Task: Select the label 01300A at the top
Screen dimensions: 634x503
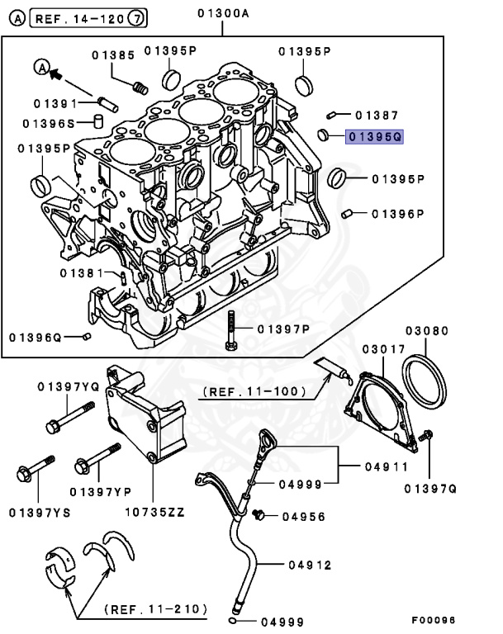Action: coord(225,13)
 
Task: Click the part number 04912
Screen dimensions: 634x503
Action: coord(310,565)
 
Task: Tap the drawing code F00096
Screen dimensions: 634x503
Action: coord(434,620)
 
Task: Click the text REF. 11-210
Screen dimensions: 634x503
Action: coord(155,609)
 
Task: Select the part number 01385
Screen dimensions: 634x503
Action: coord(113,55)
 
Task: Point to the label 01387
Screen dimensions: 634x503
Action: coord(377,116)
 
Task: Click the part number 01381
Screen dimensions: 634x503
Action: coord(81,273)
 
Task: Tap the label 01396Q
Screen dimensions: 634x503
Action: coord(36,337)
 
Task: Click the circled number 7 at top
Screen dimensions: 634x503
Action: coord(138,16)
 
